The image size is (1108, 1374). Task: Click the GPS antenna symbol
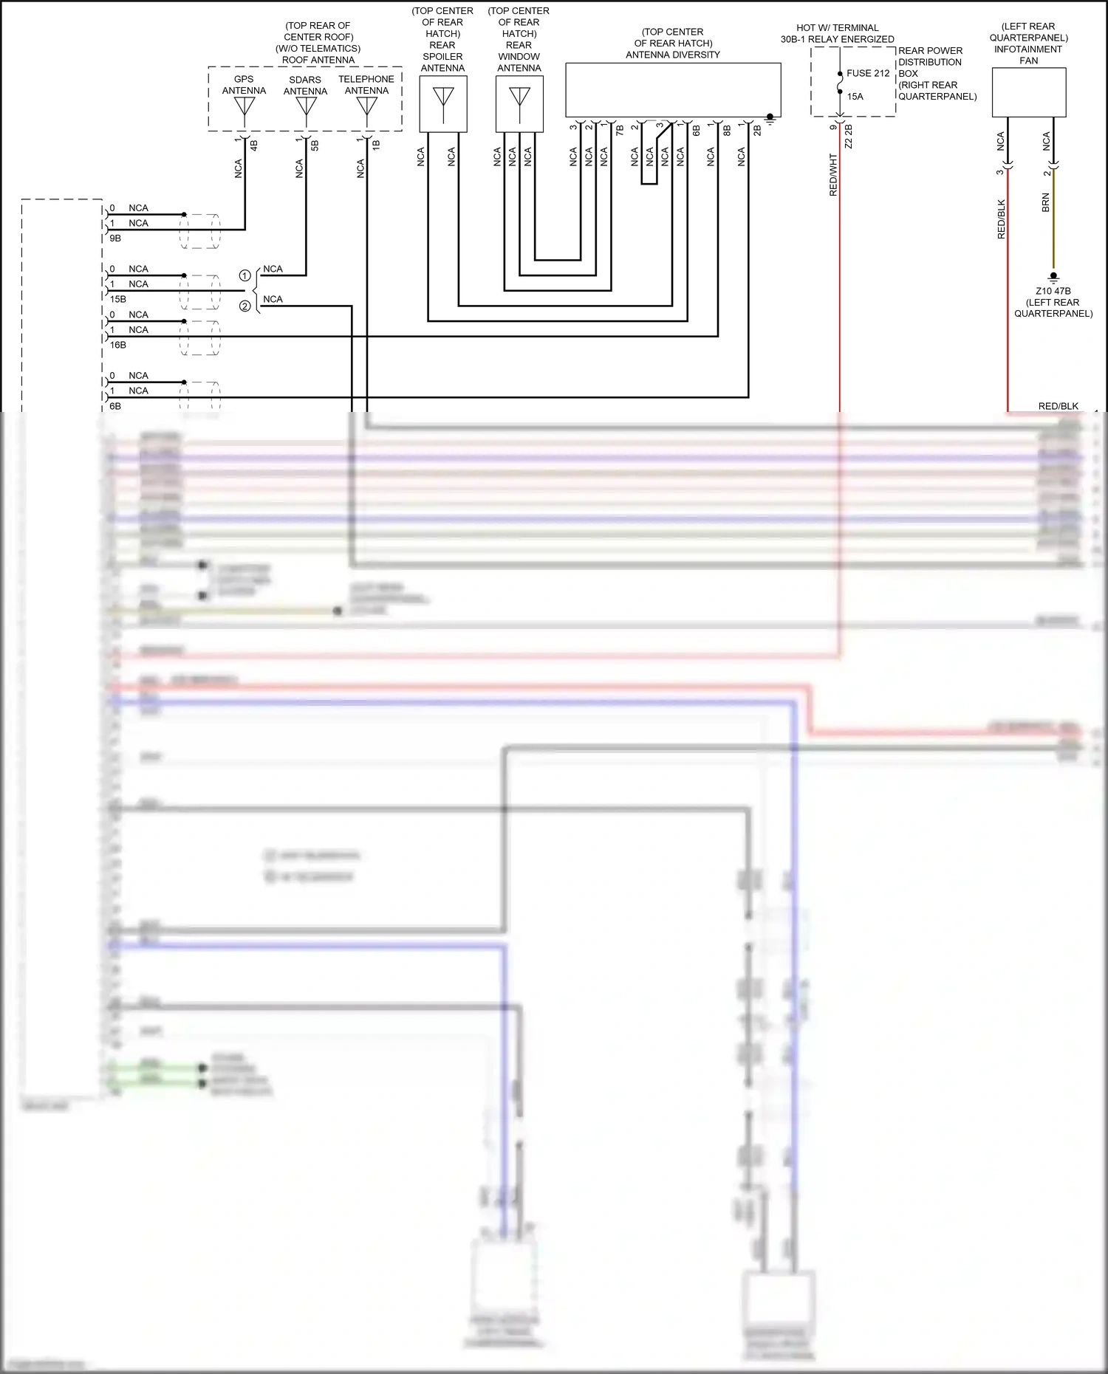(244, 108)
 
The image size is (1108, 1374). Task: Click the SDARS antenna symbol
(306, 108)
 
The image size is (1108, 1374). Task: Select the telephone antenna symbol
(367, 108)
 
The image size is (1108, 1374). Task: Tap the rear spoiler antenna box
(443, 104)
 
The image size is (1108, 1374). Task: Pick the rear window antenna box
(519, 104)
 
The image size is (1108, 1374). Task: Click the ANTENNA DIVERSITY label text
(672, 55)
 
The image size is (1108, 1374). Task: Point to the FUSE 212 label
(868, 73)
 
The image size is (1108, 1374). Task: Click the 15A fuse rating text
(855, 96)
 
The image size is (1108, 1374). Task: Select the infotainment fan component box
(1028, 92)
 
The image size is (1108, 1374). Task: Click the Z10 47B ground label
(1053, 291)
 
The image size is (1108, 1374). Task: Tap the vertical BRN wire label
(1045, 203)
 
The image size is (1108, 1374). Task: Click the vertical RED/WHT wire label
(833, 175)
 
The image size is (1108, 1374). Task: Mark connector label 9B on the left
(115, 238)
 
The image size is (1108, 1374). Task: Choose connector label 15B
(117, 299)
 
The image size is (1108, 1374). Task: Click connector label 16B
(117, 345)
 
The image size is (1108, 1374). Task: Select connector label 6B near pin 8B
(696, 131)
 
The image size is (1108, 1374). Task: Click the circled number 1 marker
(244, 275)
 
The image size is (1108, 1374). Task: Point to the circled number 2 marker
(244, 306)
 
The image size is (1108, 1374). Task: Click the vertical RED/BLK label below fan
(1002, 219)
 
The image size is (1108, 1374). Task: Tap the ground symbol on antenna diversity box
(770, 119)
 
